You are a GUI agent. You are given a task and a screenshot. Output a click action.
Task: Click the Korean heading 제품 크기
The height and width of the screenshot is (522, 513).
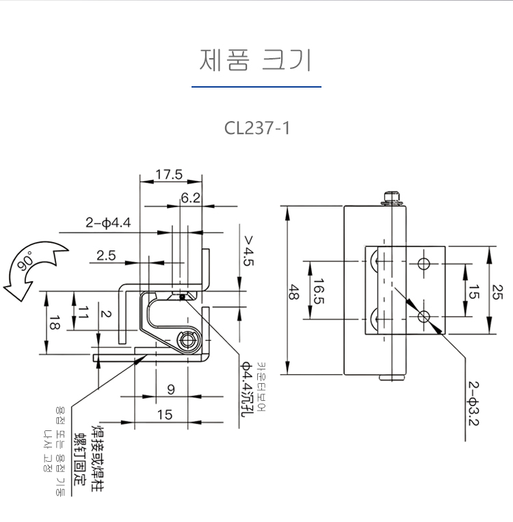tap(256, 60)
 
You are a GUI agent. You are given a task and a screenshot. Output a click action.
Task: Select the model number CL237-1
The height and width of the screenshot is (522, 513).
tap(256, 128)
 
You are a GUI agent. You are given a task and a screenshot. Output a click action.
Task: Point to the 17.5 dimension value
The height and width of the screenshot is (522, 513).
tap(168, 174)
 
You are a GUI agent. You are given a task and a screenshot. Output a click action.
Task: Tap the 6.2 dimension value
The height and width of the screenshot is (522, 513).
tap(191, 198)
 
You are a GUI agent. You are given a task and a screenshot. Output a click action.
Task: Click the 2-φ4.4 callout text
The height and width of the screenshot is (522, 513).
tap(108, 222)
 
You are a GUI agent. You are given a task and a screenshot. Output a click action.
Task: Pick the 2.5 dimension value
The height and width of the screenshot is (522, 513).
tap(106, 255)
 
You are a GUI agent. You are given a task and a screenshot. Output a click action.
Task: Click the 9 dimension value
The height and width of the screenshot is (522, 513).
tap(170, 389)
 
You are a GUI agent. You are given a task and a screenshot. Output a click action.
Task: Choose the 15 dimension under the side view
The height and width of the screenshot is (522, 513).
tap(165, 414)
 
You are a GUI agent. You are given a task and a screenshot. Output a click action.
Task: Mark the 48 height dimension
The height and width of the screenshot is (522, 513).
tap(293, 293)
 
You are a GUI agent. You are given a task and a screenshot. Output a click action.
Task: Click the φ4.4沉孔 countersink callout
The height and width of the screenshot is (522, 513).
tap(244, 387)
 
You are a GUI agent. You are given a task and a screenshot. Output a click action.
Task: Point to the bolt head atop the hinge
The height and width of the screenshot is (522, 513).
tap(392, 198)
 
